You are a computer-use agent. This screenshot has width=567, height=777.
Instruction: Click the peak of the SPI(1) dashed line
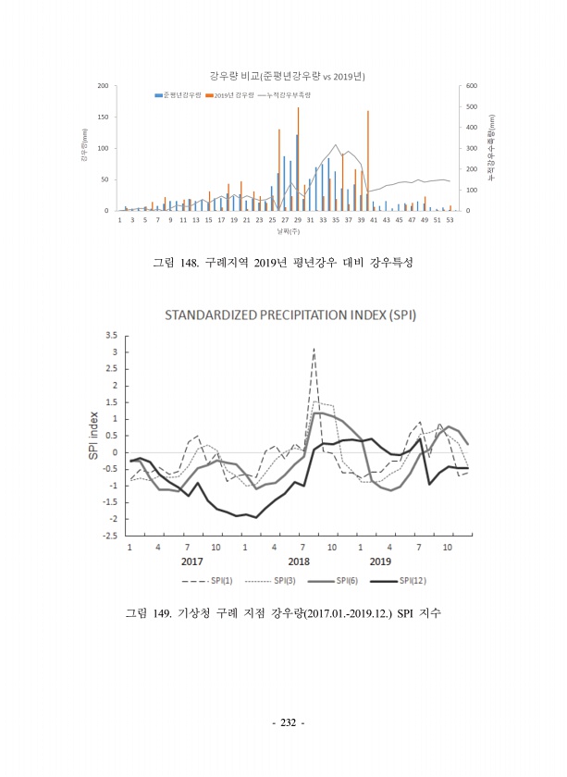pyautogui.click(x=314, y=349)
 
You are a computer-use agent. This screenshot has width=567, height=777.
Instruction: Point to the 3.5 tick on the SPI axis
pyautogui.click(x=111, y=335)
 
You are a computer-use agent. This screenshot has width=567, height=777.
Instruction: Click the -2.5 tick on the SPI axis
pyautogui.click(x=110, y=536)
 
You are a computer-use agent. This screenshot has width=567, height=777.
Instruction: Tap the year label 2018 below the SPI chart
pyautogui.click(x=298, y=561)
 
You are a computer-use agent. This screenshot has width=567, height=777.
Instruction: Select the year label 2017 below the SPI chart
pyautogui.click(x=191, y=561)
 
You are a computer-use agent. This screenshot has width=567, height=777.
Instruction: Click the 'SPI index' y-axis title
pyautogui.click(x=92, y=435)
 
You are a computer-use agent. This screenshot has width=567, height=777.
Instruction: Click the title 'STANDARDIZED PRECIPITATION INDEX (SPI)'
pyautogui.click(x=290, y=314)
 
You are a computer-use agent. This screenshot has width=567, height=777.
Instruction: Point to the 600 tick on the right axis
pyautogui.click(x=471, y=86)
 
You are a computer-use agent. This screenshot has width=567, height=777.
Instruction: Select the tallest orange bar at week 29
pyautogui.click(x=298, y=158)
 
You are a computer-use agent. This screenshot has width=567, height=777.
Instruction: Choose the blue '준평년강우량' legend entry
pyautogui.click(x=178, y=95)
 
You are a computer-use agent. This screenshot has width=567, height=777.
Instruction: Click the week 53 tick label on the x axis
pyautogui.click(x=450, y=221)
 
